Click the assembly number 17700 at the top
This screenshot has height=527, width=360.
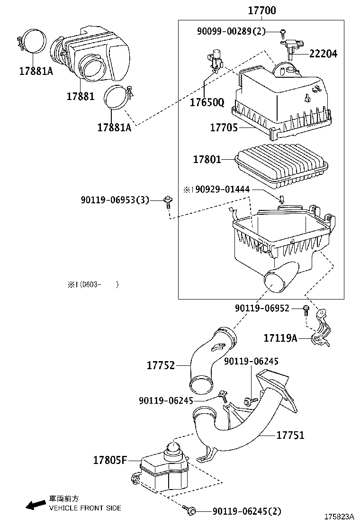(x=261, y=10)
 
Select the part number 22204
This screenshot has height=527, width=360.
(x=324, y=54)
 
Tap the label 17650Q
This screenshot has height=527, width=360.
(x=207, y=102)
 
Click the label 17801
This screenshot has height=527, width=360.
(x=207, y=159)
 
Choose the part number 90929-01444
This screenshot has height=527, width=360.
(x=220, y=190)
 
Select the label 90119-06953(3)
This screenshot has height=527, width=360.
(x=115, y=200)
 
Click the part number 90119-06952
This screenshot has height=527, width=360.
(x=268, y=309)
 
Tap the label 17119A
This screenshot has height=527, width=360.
(x=280, y=338)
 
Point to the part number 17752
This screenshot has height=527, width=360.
(x=161, y=365)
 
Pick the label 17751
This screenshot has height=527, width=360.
(x=290, y=435)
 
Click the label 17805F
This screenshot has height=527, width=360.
(x=109, y=460)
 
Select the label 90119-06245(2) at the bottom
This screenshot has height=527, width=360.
(x=246, y=511)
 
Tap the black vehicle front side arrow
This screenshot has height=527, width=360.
(x=35, y=505)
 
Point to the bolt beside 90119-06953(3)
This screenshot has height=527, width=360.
(x=167, y=200)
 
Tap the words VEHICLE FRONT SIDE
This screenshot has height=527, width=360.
(x=85, y=508)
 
